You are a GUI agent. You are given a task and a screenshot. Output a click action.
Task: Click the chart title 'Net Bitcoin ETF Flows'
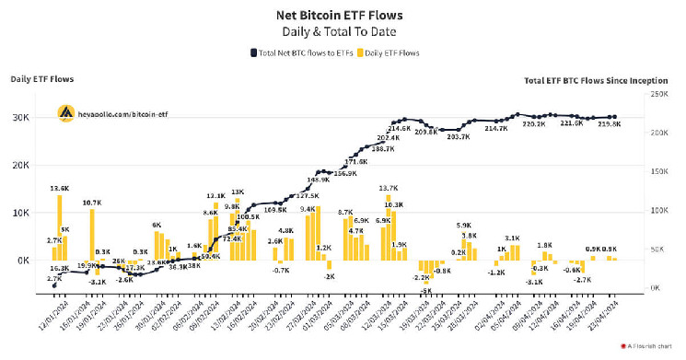pos(343,16)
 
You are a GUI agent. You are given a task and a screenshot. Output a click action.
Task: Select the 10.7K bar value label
pos(91,202)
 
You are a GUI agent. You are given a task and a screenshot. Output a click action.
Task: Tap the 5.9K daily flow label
pos(463,226)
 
